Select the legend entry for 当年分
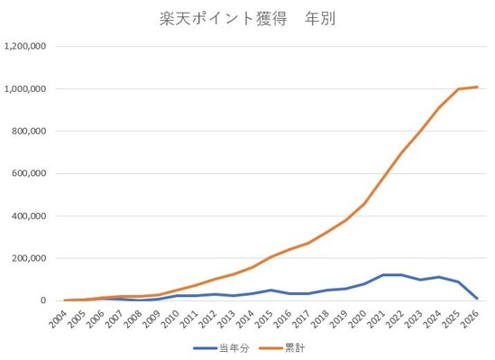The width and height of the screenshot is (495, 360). click(x=225, y=346)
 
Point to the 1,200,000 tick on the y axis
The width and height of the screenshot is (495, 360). click(x=30, y=46)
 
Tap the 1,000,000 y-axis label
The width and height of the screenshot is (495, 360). click(x=30, y=88)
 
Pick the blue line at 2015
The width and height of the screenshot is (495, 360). click(x=272, y=290)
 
